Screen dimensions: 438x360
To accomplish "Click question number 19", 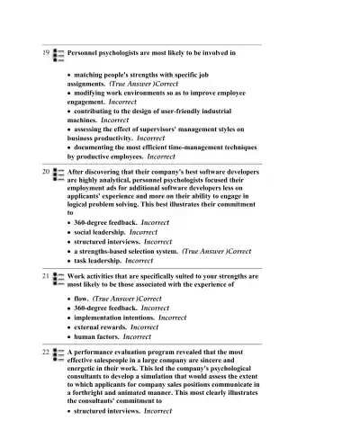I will pos(45,53).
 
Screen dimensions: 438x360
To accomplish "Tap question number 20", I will pos(45,169).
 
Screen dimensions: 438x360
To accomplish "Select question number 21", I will pos(45,276).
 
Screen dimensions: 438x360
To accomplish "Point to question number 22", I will pos(45,353).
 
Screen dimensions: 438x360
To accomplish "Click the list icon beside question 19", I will pos(58,54).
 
